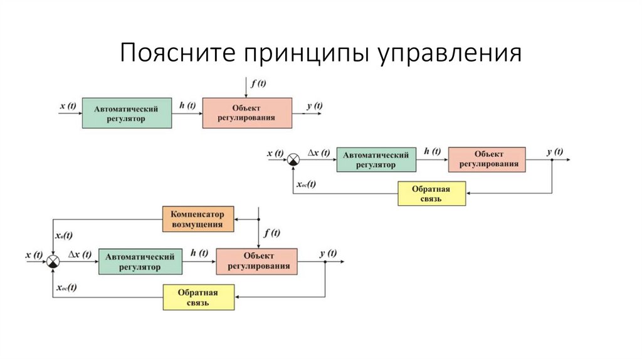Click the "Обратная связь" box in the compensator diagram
pos(198,297)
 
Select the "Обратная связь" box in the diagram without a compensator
pos(432,194)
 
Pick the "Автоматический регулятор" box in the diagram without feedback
pos(127,113)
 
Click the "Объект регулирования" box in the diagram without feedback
pos(246,113)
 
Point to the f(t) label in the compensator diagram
pos(271,233)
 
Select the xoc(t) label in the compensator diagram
pos(66,288)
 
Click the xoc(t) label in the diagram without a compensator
pos(305,184)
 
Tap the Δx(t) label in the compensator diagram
pos(80,254)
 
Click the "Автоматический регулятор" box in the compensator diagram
pos(140,262)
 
